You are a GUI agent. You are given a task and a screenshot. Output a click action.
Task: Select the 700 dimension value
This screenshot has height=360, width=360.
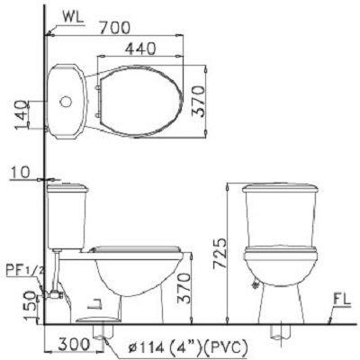[115, 28]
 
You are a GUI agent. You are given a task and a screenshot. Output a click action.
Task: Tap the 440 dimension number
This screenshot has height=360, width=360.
[140, 49]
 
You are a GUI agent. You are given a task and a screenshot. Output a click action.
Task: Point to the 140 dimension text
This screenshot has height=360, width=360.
[22, 115]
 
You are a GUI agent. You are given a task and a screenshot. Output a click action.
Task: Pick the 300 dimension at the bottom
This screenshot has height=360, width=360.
[74, 345]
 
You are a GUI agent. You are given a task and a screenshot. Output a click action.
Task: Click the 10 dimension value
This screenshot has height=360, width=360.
[21, 173]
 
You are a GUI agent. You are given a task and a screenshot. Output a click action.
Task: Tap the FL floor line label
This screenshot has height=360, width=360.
[342, 300]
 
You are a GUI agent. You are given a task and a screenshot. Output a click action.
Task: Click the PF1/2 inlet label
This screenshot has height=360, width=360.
[25, 271]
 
